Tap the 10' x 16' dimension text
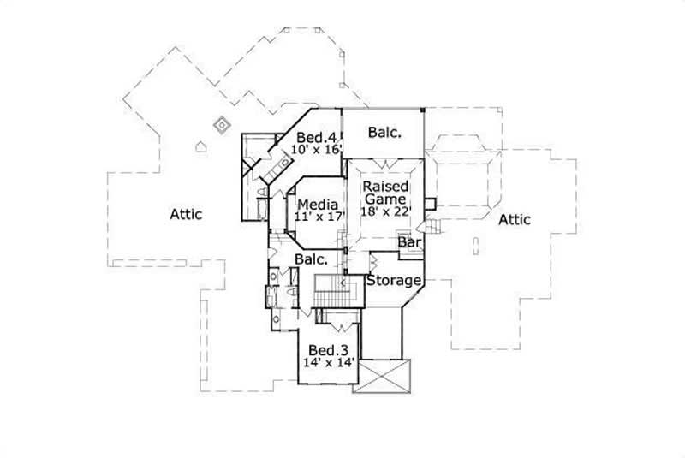[x=317, y=150]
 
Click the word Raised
[x=382, y=186]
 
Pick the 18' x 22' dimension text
[x=387, y=211]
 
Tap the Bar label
[x=409, y=244]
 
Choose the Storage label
[x=394, y=280]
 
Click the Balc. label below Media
[x=312, y=259]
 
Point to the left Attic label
[x=185, y=214]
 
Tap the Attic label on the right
[x=513, y=220]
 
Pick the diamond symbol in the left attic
[x=222, y=125]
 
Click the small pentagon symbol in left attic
[x=202, y=146]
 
